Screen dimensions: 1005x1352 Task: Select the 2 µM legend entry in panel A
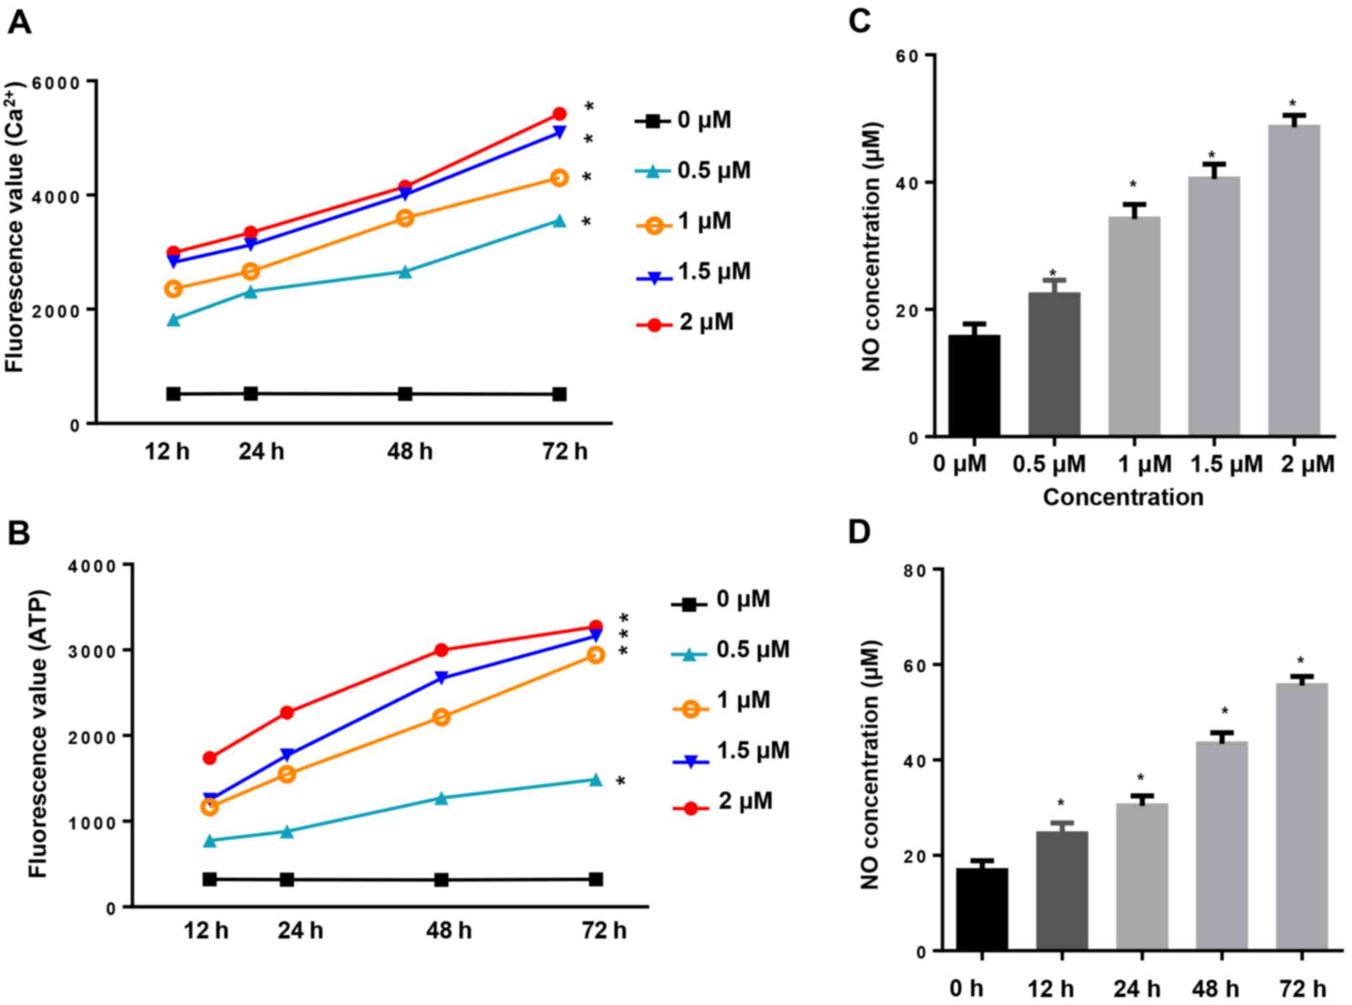click(686, 323)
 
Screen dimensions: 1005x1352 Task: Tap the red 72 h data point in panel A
click(559, 114)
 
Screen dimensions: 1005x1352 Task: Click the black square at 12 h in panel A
click(173, 394)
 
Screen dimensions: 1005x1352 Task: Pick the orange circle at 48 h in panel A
click(405, 218)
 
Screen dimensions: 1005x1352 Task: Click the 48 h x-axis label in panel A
click(409, 452)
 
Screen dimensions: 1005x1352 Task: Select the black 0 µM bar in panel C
click(975, 386)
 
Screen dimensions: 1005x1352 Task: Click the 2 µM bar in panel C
click(1293, 280)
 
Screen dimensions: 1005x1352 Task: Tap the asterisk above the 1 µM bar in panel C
click(1133, 185)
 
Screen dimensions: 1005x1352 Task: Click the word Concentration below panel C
click(1123, 497)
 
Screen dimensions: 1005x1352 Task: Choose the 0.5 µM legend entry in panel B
click(730, 651)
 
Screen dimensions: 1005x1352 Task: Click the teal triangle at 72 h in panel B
click(596, 780)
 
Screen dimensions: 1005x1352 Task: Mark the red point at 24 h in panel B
click(287, 713)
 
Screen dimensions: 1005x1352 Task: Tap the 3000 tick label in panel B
click(93, 651)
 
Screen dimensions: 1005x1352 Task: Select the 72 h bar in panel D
click(1302, 816)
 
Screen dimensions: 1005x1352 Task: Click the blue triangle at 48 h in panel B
click(441, 679)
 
